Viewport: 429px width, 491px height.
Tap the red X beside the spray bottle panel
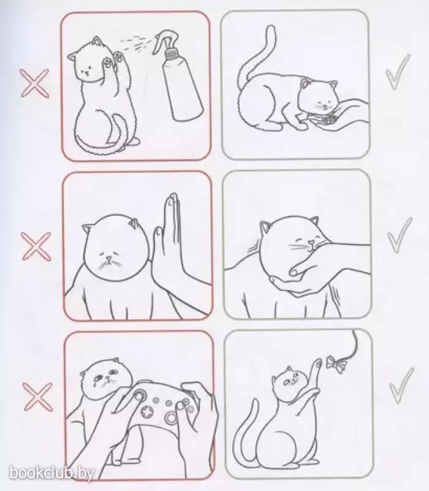pos(34,83)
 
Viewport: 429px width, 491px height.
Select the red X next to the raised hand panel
pos(36,246)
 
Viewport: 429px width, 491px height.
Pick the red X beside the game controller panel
pos(37,397)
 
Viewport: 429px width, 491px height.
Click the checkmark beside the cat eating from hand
pos(398,71)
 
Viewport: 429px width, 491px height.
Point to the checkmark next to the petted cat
pos(400,235)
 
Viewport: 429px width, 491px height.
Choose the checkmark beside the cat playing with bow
pos(401,386)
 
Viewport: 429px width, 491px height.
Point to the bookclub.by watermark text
pos(51,473)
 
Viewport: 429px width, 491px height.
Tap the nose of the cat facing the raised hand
pos(108,259)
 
